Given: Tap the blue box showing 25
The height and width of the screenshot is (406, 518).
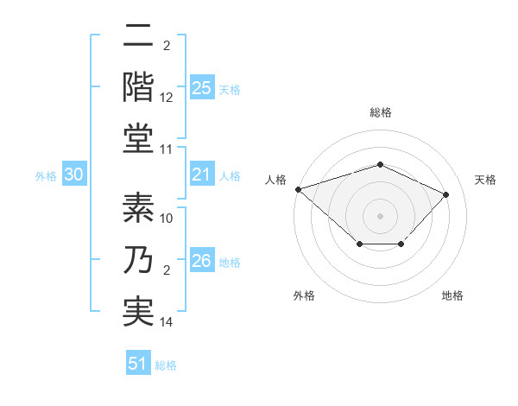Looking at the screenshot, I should pos(202,88).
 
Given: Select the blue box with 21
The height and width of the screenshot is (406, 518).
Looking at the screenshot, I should pos(202,175).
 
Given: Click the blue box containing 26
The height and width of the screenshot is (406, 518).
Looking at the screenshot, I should pos(202,262).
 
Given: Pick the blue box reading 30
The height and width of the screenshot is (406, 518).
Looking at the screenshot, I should pos(74,175).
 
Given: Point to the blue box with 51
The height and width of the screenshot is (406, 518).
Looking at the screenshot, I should pos(138,364).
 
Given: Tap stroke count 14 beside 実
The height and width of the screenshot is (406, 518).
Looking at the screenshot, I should pos(167,322).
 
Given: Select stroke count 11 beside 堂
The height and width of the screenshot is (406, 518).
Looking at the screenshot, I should pos(167,149).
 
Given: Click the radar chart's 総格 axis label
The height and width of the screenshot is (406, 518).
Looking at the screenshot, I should pos(380,112).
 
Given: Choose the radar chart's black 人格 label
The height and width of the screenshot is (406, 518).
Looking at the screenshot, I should pos(276,180).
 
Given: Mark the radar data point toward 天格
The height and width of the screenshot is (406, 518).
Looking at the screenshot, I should pos(445,194).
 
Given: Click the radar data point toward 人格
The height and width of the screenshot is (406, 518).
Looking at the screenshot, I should pos(298,188).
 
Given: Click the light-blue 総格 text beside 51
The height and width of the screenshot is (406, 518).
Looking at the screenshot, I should pos(166,365).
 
